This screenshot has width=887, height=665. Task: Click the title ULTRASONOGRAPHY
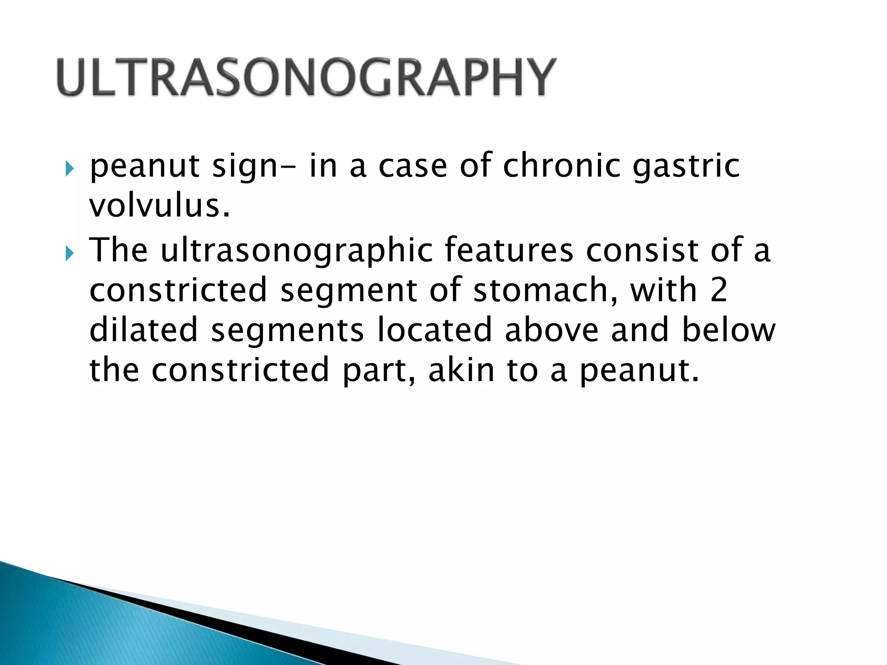(306, 77)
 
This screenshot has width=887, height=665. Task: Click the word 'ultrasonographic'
(297, 251)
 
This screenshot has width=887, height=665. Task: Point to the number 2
(719, 290)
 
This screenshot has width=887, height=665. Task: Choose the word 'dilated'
(143, 329)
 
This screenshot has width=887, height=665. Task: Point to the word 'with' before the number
(663, 290)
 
